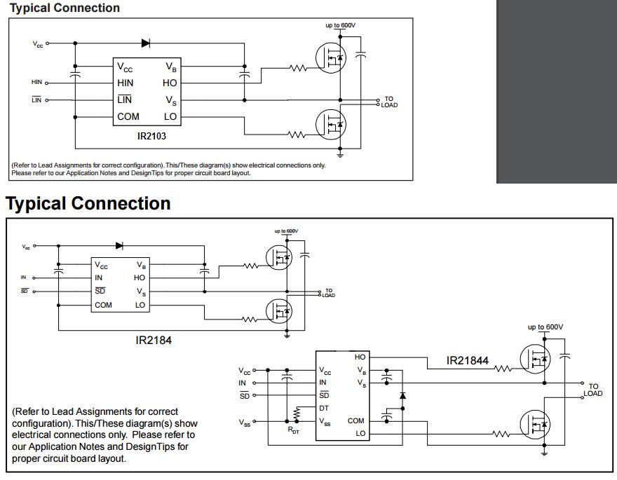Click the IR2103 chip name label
tap(151, 136)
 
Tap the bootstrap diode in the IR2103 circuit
tap(146, 43)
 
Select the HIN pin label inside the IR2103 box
tap(125, 83)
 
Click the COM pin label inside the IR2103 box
tap(128, 117)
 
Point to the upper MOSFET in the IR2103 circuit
tap(331, 57)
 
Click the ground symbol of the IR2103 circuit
tap(340, 153)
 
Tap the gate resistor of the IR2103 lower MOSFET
tap(297, 135)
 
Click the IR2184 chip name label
tap(154, 340)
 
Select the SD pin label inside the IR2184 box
tap(100, 291)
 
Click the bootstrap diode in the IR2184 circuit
tap(120, 246)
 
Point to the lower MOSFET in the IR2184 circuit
tap(279, 311)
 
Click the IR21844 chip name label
tap(468, 360)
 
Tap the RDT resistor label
tap(294, 430)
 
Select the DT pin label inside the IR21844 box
tap(324, 409)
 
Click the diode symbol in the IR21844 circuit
tap(402, 395)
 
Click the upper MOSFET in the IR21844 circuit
tap(535, 359)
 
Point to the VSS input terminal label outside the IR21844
tap(245, 423)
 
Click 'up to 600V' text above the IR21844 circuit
tap(545, 327)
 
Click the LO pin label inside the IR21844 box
tap(360, 433)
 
